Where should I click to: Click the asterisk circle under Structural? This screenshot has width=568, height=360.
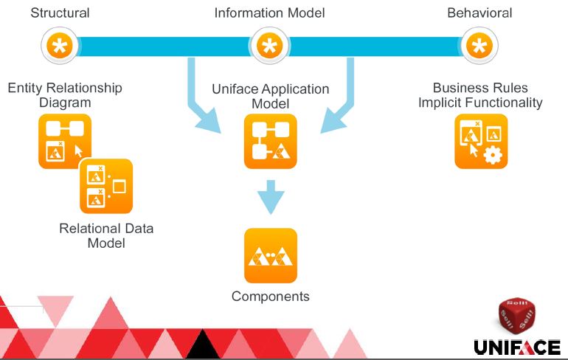[x=60, y=46]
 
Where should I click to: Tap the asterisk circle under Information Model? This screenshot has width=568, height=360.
[x=269, y=46]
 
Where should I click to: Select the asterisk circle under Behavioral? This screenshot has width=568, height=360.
[x=479, y=46]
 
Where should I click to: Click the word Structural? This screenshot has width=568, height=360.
[x=60, y=13]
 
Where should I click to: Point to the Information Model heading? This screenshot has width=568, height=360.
[x=269, y=13]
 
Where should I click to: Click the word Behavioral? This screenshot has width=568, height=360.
[x=479, y=13]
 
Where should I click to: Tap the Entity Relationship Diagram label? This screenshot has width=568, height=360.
[x=65, y=95]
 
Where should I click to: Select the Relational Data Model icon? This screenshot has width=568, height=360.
[x=106, y=186]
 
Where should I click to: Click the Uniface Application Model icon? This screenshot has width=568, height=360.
[x=271, y=141]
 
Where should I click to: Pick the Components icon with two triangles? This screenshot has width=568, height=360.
[x=271, y=255]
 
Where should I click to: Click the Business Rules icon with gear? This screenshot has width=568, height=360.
[x=481, y=141]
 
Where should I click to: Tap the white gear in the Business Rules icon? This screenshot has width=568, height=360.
[x=493, y=155]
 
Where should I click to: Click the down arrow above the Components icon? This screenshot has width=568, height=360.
[x=271, y=197]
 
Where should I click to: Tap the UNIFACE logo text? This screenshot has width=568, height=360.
[x=517, y=347]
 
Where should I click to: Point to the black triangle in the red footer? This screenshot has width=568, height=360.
[x=203, y=344]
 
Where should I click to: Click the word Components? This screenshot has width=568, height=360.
[x=271, y=297]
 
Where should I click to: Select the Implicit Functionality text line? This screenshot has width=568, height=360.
[x=480, y=103]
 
